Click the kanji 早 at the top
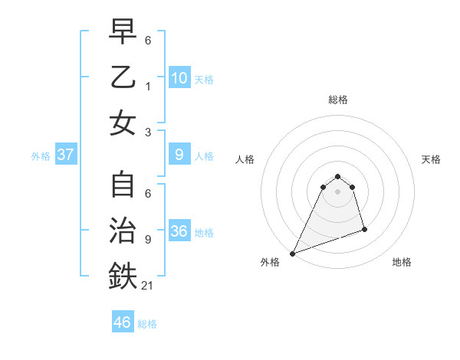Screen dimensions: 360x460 point(123,32)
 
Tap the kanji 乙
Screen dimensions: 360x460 point(123,77)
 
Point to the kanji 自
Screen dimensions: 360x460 point(123,187)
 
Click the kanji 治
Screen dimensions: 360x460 point(123,231)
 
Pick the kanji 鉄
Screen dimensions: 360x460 point(123,277)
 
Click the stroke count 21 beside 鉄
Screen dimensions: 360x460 point(148,286)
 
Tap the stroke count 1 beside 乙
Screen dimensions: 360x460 point(148,87)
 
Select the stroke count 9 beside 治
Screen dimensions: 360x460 point(148,240)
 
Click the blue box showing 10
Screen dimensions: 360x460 point(179,78)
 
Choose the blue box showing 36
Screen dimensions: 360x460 point(179,231)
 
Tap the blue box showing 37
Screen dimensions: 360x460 point(66,155)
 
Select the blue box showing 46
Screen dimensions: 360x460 point(123,322)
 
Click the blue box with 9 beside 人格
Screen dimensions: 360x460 point(179,155)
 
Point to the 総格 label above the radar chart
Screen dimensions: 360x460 point(337,100)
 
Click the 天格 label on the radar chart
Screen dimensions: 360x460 point(431,159)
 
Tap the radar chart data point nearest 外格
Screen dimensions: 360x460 point(292,254)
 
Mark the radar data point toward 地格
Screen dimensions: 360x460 point(364,230)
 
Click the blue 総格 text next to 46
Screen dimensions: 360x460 point(147,323)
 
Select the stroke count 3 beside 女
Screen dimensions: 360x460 point(148,131)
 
